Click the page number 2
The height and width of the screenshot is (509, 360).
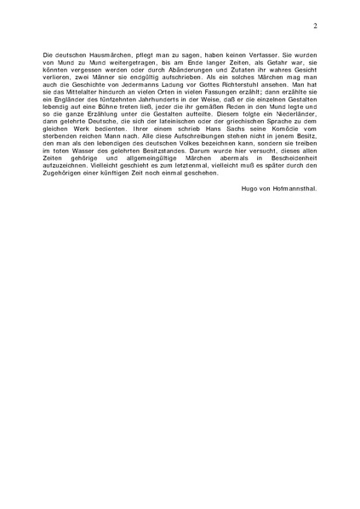315,26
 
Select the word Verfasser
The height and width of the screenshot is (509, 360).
269,54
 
